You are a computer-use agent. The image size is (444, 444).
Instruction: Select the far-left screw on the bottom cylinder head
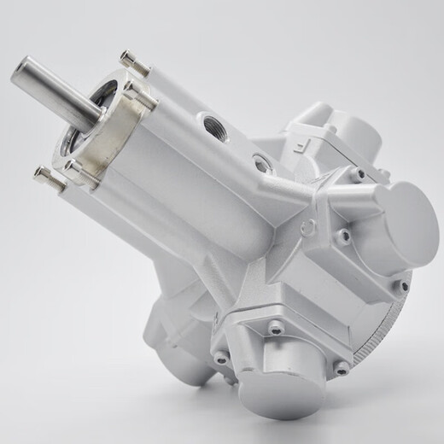point(221,356)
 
